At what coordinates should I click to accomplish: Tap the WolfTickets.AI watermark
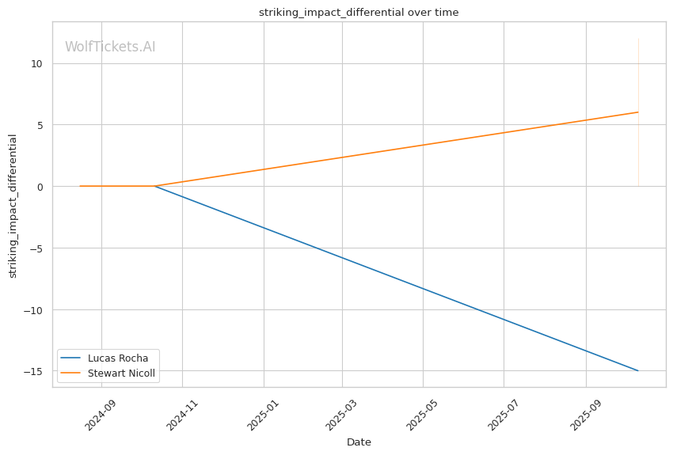110,47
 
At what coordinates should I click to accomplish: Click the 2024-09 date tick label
99,411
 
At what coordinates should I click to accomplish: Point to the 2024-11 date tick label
180,411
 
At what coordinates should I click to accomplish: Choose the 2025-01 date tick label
260,411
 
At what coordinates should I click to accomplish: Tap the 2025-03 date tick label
340,411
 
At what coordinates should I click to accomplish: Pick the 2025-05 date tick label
420,411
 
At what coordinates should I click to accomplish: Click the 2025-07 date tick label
501,411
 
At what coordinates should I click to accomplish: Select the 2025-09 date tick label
583,411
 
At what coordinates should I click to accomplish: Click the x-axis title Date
359,442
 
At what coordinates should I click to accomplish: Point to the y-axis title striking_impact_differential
13,206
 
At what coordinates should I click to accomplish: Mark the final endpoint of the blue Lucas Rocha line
638,370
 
